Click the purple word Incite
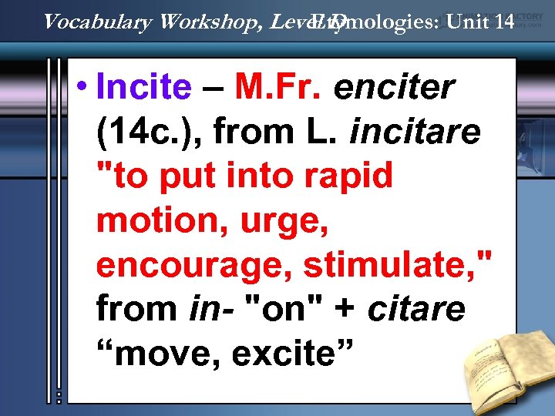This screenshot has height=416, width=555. click(x=143, y=88)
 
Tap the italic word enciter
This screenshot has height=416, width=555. click(x=393, y=88)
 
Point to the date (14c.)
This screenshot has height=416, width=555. click(x=147, y=132)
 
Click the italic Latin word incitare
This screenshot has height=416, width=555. click(x=415, y=132)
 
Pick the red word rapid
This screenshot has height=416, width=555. click(x=353, y=176)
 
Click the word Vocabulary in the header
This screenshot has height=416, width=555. click(x=98, y=22)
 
